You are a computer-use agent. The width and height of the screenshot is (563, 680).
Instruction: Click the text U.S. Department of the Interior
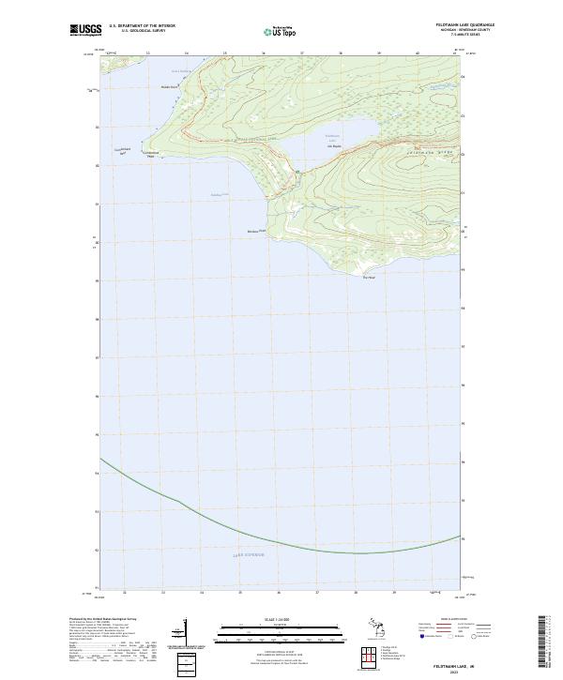click(142, 26)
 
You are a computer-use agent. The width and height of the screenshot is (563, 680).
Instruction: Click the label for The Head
click(368, 277)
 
